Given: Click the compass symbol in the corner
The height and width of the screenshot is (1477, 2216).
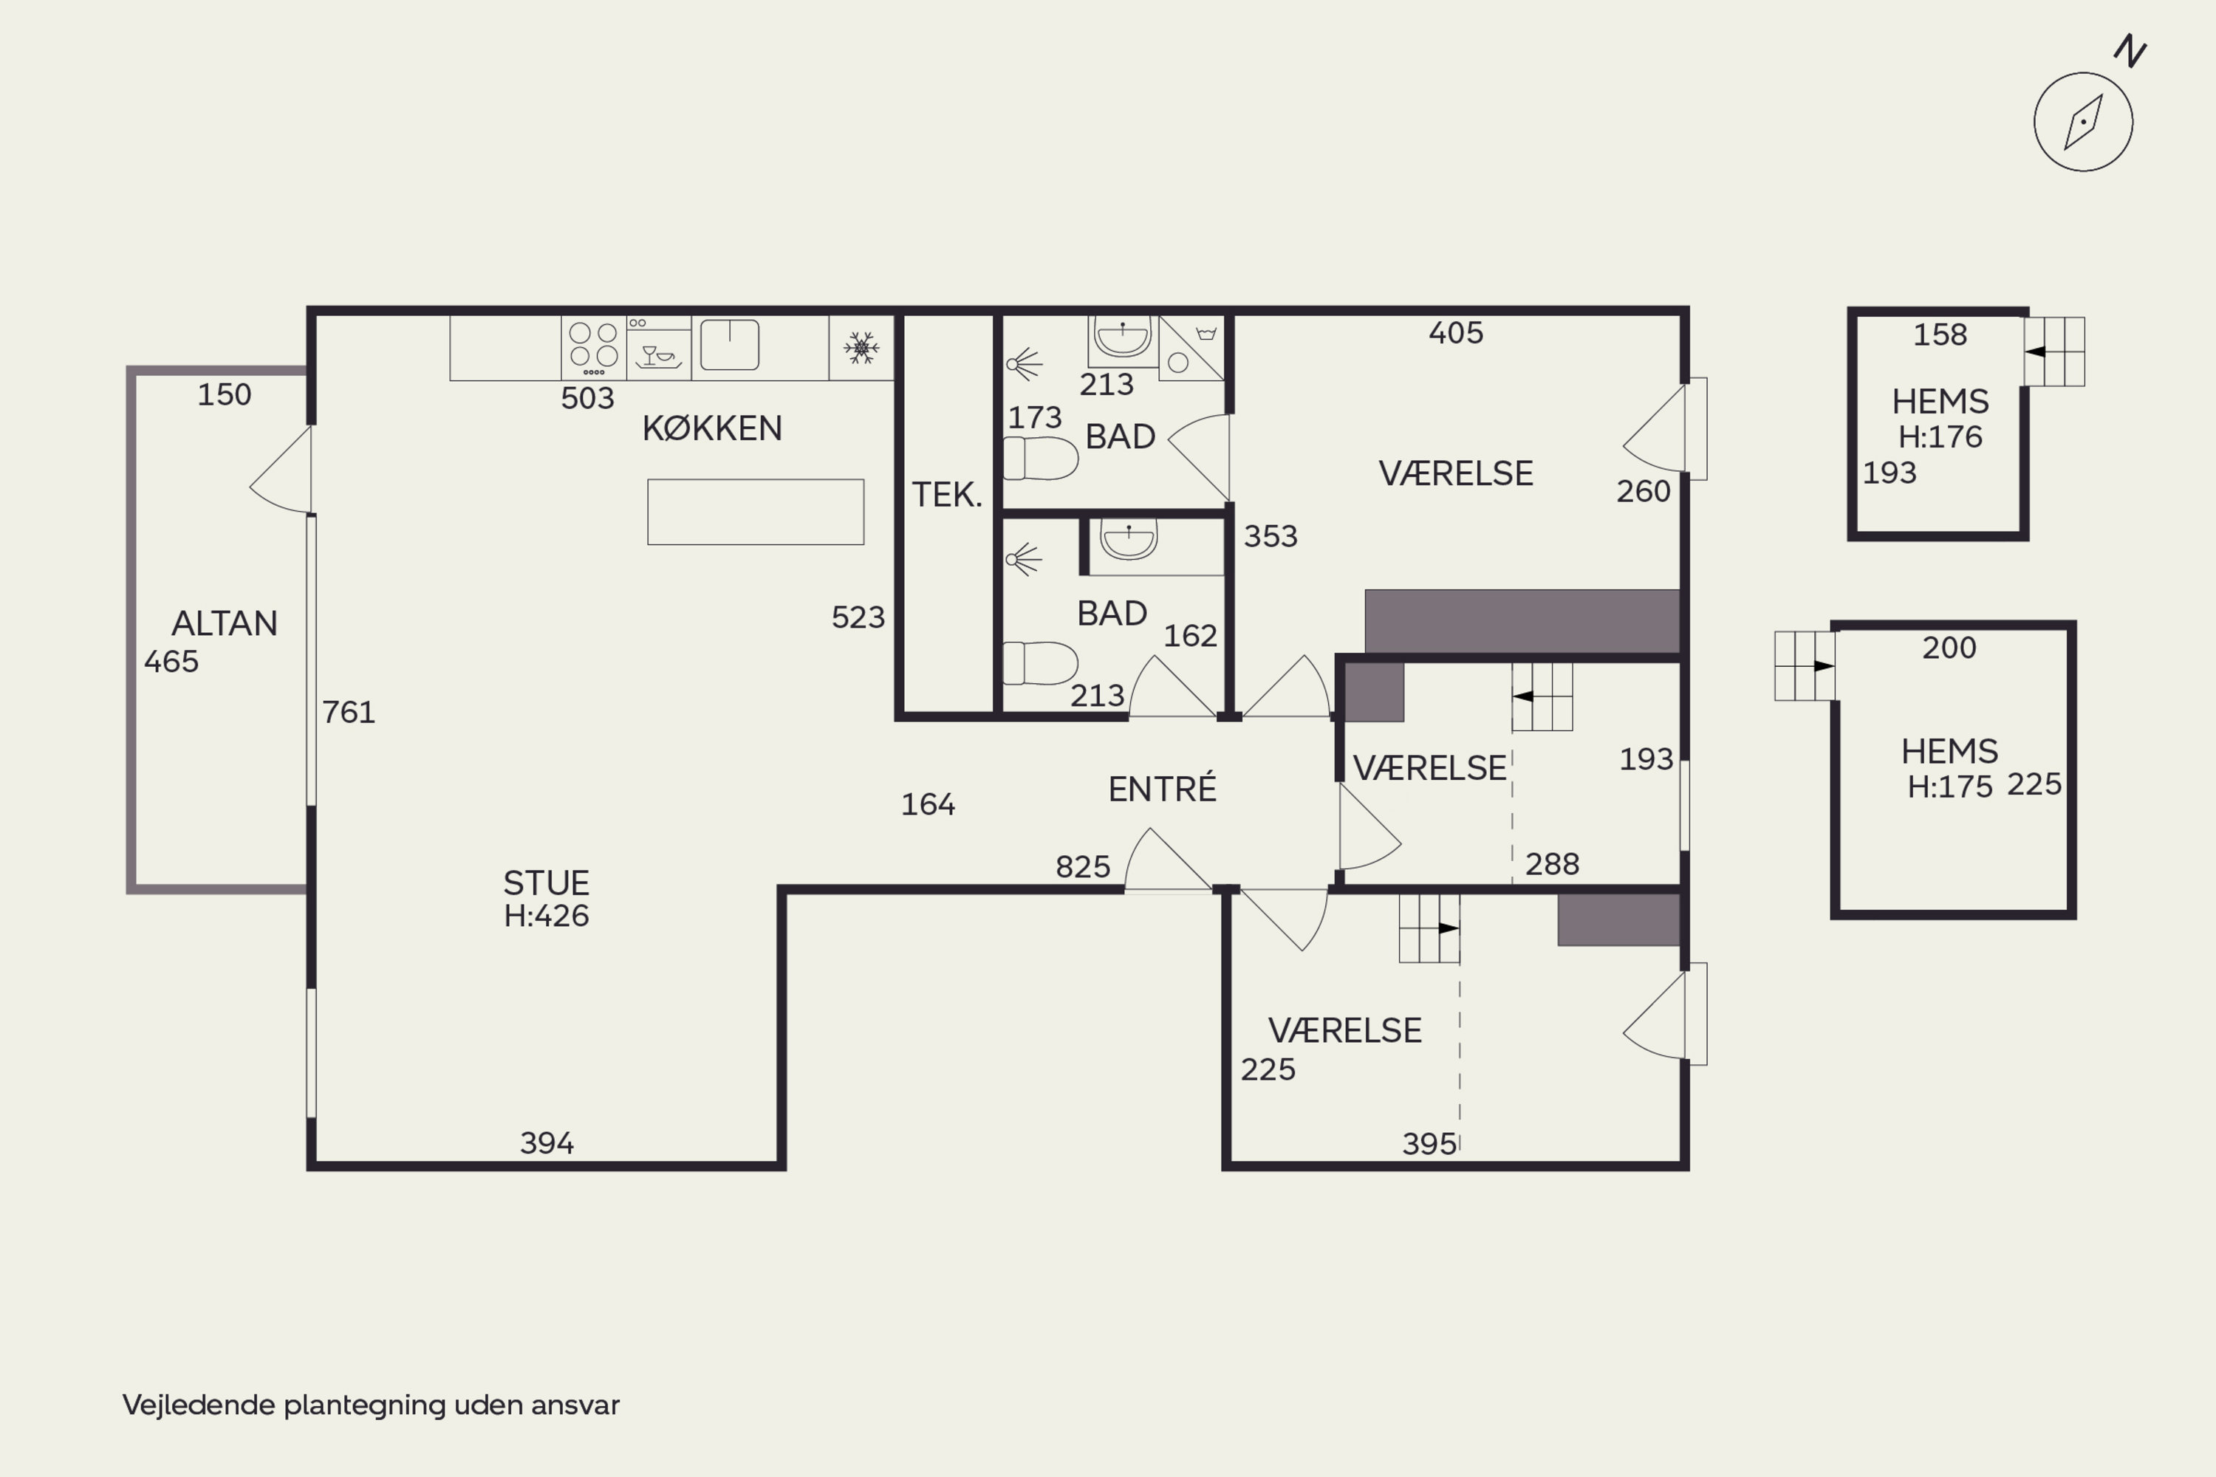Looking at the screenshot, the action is click(2082, 122).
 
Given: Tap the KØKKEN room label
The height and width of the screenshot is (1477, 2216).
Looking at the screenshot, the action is click(712, 428).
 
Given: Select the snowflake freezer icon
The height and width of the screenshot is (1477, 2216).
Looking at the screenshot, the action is click(861, 348).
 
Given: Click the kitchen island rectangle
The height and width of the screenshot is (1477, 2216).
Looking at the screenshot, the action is click(756, 512).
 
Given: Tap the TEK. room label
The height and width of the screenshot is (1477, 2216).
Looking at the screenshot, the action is click(947, 495).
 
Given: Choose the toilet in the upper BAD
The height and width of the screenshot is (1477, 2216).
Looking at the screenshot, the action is click(1040, 459).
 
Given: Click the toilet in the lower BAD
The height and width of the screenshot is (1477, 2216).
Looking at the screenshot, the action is click(1040, 663).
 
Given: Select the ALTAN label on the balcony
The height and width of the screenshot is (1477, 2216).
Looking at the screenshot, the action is click(225, 623).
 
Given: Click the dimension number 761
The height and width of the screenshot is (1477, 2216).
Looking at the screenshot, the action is click(349, 712).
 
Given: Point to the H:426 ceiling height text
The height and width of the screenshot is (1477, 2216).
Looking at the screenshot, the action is click(547, 916).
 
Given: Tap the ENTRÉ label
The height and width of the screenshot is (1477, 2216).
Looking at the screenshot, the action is click(1162, 789).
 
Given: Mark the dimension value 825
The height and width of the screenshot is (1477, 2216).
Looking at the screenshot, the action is click(1083, 866).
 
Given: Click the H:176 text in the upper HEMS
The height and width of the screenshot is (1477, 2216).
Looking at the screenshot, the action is click(1940, 437).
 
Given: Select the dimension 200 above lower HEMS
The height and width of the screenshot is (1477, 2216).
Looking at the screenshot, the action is click(1949, 648).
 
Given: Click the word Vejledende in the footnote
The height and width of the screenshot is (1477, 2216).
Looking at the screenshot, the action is click(198, 1405).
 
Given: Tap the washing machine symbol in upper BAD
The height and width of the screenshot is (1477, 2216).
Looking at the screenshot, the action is click(1192, 348).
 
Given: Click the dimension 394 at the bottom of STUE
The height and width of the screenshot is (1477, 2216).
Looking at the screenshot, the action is click(547, 1143).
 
